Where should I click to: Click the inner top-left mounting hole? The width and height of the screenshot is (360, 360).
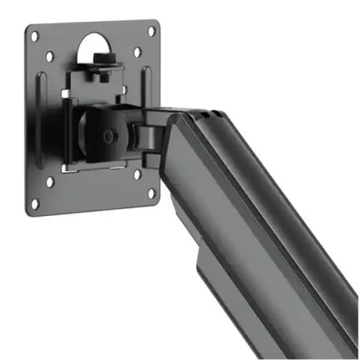(50, 56)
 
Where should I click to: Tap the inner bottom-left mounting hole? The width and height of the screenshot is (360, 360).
(50, 181)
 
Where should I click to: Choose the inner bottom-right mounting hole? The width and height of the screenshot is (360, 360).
(137, 175)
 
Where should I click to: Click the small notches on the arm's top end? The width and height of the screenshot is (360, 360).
(204, 113)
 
